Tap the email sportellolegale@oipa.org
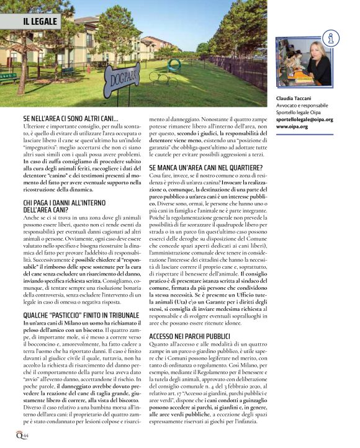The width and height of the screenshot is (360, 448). (x=305, y=119)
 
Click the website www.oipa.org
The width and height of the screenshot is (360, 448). (x=292, y=126)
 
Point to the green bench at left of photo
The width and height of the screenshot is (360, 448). (x=9, y=78)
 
